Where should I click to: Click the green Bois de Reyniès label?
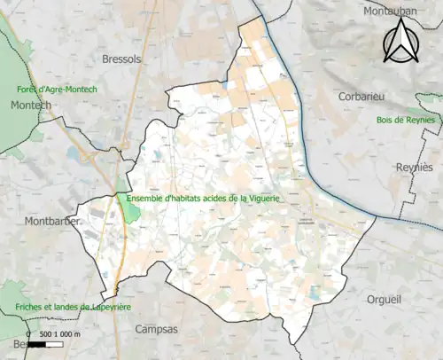tap(405, 120)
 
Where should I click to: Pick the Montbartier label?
tap(52, 221)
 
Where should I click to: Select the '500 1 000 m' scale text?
tap(58, 333)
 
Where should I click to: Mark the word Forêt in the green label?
tap(28, 90)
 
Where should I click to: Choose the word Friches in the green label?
tap(31, 307)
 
